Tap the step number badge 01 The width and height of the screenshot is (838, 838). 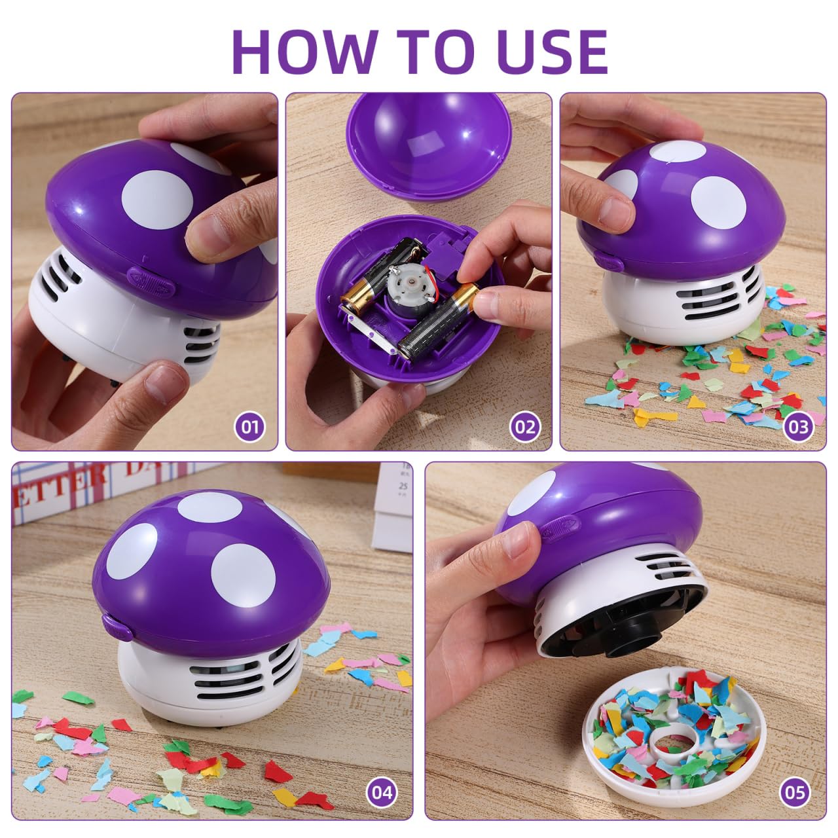[249, 427]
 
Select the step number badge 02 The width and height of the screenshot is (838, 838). [524, 427]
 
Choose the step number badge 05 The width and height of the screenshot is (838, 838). [795, 793]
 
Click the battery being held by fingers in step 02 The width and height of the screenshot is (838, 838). [435, 321]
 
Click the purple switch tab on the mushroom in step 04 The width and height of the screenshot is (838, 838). [117, 627]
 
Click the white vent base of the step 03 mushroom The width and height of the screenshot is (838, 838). [681, 301]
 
